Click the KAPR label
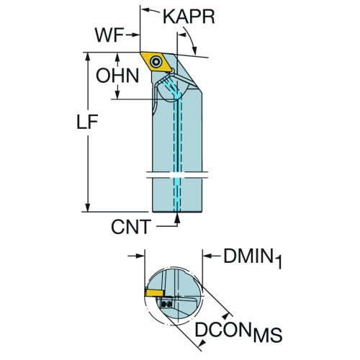point(189,17)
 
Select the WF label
point(109,35)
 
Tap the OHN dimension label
point(117,76)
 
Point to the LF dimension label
point(87,122)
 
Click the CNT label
point(131,227)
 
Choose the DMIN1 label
point(253,258)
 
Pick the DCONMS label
point(238,332)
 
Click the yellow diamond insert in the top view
point(156,62)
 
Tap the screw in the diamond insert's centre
point(156,62)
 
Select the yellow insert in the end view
point(154,293)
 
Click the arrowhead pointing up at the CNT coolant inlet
point(177,217)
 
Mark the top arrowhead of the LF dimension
point(88,57)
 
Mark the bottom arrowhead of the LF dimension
point(88,207)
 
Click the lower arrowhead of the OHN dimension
point(117,94)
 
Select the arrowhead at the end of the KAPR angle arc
point(194,50)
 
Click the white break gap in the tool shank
point(177,175)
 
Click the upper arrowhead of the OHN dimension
point(117,58)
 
